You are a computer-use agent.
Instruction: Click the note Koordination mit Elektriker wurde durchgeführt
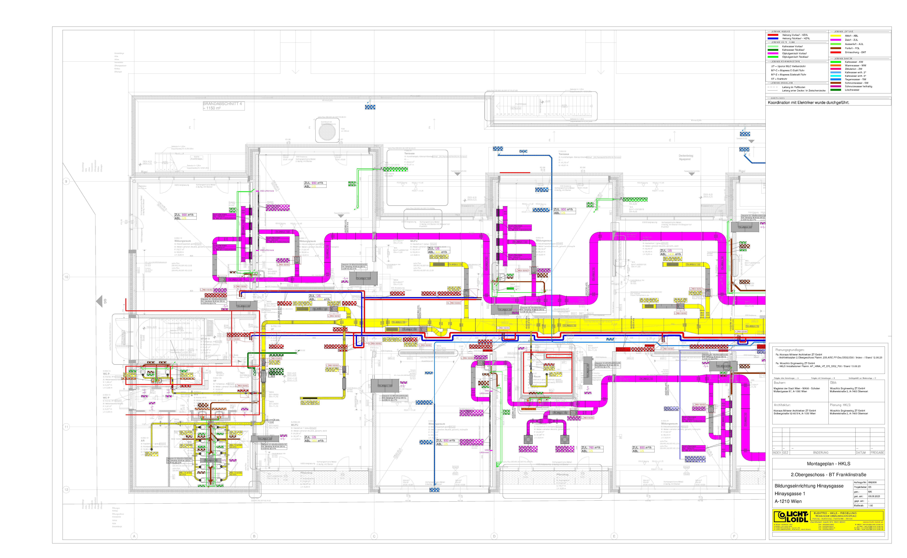[x=808, y=103]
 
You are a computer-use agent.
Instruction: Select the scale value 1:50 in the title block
[x=871, y=506]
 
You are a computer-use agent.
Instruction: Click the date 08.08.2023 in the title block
[x=874, y=496]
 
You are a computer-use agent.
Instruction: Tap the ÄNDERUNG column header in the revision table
[x=820, y=452]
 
